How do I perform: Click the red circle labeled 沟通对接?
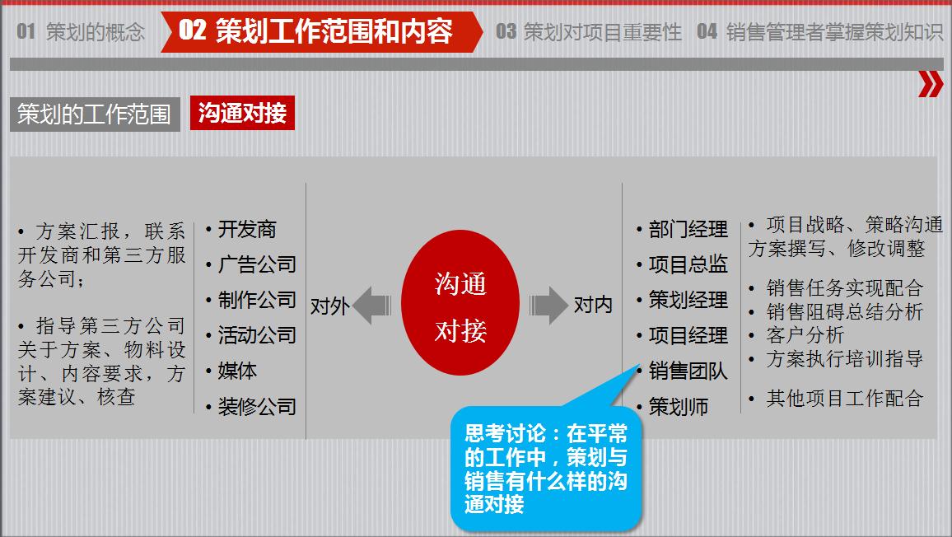click(460, 306)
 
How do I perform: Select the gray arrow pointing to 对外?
click(372, 306)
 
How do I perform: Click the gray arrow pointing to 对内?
click(548, 306)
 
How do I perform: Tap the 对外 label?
click(330, 306)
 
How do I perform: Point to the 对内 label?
click(593, 306)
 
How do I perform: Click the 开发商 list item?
click(247, 230)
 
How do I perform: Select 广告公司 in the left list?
click(256, 265)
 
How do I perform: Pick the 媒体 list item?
click(237, 371)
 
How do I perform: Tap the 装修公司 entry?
click(256, 407)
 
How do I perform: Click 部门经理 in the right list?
click(688, 230)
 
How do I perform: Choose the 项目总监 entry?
click(688, 265)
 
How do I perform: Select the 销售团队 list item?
click(688, 371)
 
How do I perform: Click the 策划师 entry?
click(678, 407)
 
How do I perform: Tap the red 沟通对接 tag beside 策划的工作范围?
click(242, 114)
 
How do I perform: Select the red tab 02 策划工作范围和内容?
click(317, 32)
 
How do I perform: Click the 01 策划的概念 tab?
click(81, 32)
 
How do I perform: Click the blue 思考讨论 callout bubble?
click(545, 467)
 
